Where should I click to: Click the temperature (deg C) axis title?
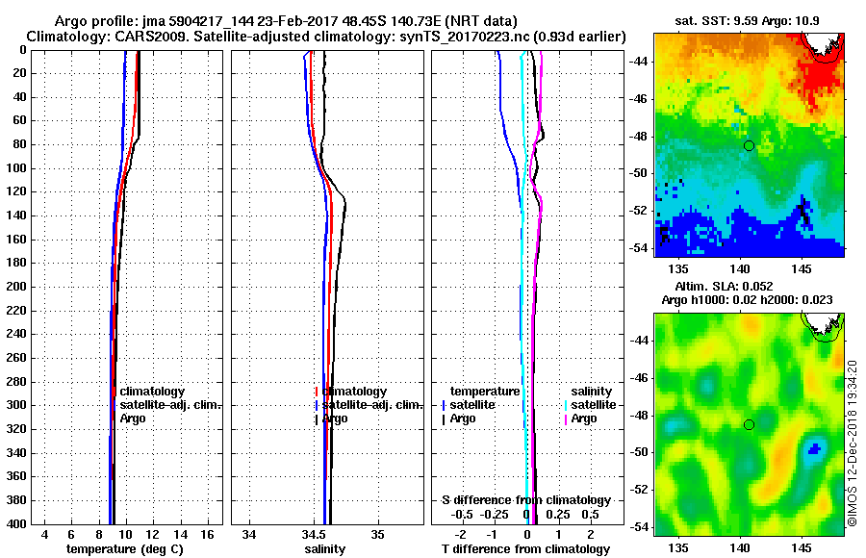[x=124, y=549]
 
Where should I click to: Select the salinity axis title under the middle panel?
[x=325, y=549]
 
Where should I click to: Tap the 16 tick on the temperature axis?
[x=207, y=534]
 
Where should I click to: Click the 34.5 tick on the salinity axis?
[x=314, y=534]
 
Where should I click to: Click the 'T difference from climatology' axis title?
[x=525, y=549]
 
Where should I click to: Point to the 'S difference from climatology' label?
[x=525, y=500]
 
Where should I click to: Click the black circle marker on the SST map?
[x=750, y=145]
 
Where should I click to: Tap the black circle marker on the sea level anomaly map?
[x=750, y=424]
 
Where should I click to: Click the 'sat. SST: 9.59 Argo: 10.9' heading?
[x=749, y=20]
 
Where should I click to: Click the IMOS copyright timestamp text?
[x=853, y=443]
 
